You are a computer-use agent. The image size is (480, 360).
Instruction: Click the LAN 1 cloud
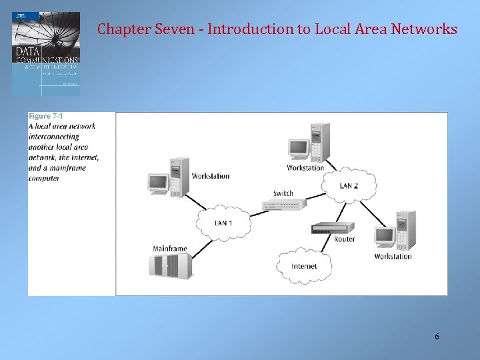(x=224, y=223)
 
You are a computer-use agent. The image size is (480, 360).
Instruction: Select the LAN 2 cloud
(x=349, y=185)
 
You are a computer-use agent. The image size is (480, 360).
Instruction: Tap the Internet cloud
(x=304, y=267)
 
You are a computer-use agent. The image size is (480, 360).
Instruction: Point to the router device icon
(x=333, y=228)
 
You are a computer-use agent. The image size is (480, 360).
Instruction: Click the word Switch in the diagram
(x=283, y=193)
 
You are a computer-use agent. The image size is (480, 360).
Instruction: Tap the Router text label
(x=344, y=239)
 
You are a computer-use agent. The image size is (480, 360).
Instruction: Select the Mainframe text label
(x=169, y=249)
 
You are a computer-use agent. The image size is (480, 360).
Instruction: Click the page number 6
(x=437, y=337)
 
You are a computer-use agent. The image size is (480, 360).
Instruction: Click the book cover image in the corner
(x=45, y=53)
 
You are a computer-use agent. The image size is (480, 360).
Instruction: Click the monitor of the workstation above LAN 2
(x=297, y=148)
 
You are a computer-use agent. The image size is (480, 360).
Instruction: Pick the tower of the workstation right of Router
(x=405, y=230)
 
